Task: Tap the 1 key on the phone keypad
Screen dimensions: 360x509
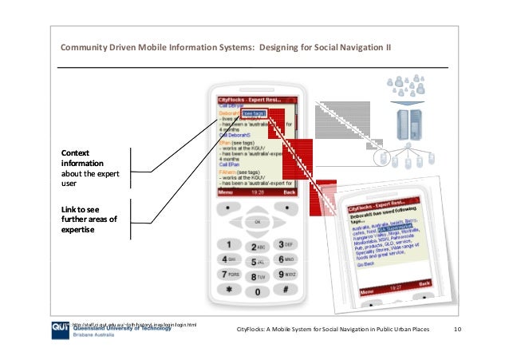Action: (229, 244)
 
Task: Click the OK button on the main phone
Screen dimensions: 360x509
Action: (257, 222)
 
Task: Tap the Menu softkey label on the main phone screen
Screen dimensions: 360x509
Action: (227, 192)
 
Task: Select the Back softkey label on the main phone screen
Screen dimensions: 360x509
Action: (289, 192)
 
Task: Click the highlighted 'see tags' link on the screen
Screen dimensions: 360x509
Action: (254, 113)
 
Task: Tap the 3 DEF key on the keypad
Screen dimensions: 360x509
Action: (285, 244)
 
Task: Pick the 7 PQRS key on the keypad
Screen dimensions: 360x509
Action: (229, 275)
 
